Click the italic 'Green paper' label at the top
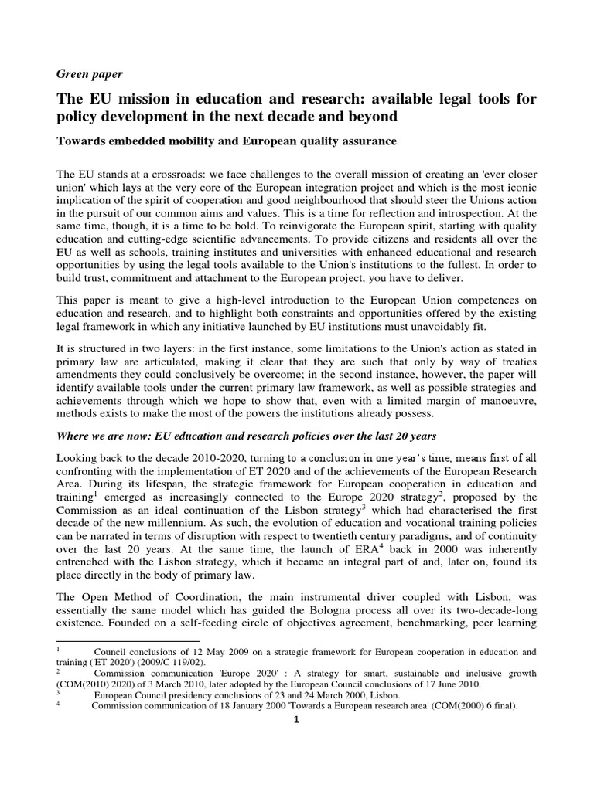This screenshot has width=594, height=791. click(90, 74)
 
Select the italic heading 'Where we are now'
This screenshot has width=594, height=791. click(109, 436)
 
